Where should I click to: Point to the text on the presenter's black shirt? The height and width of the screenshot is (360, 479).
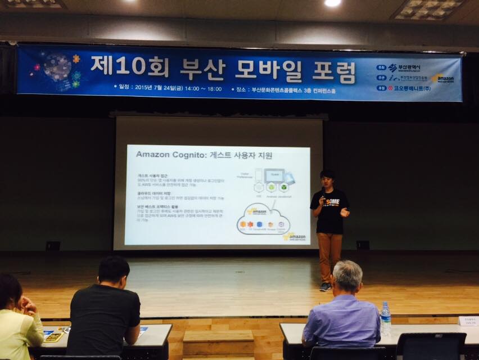[x=328, y=200]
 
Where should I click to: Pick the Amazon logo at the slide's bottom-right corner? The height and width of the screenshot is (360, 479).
[x=296, y=237]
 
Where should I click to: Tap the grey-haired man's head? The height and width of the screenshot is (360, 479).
[x=347, y=276]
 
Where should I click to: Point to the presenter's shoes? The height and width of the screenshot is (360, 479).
[x=325, y=286]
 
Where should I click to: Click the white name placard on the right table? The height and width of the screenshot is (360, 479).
[x=468, y=321]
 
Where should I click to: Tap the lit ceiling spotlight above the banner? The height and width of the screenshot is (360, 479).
[x=332, y=3]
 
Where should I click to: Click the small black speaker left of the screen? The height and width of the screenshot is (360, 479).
[x=53, y=246]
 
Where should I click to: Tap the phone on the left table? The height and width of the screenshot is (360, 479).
[x=54, y=336]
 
